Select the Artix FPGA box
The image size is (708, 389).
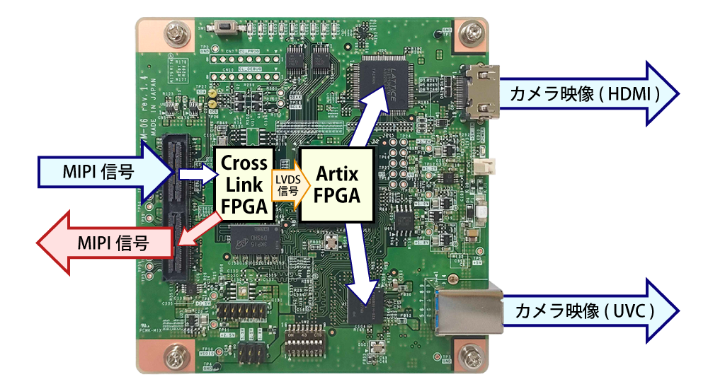(x=336, y=185)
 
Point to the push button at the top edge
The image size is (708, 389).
(x=227, y=28)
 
